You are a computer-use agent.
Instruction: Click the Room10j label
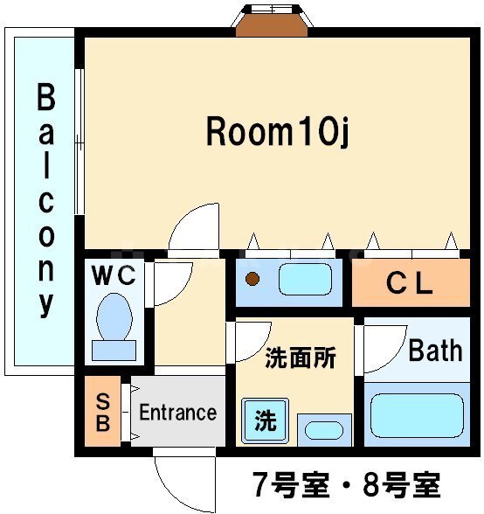pyautogui.click(x=277, y=131)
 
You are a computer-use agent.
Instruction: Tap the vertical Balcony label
pyautogui.click(x=46, y=201)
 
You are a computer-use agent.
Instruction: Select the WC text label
pyautogui.click(x=114, y=275)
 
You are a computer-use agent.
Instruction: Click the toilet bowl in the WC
pyautogui.click(x=114, y=316)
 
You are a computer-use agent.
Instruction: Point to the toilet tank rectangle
pyautogui.click(x=114, y=351)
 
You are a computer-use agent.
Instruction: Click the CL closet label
pyautogui.click(x=409, y=283)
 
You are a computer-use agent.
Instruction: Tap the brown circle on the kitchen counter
pyautogui.click(x=252, y=279)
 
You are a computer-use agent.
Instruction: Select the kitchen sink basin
pyautogui.click(x=305, y=280)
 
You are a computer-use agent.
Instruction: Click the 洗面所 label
pyautogui.click(x=301, y=358)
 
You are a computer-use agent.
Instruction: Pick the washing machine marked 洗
pyautogui.click(x=266, y=420)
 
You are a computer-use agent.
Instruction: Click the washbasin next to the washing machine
pyautogui.click(x=324, y=430)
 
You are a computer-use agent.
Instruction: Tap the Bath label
pyautogui.click(x=435, y=351)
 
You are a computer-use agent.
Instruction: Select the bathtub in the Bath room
pyautogui.click(x=417, y=416)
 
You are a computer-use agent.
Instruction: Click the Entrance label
pyautogui.click(x=178, y=412)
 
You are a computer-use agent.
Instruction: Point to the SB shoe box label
pyautogui.click(x=103, y=413)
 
